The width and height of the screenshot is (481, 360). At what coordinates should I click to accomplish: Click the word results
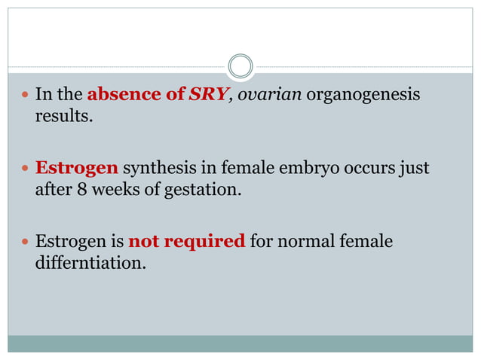click(64, 117)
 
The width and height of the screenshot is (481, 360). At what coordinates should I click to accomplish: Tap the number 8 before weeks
click(81, 189)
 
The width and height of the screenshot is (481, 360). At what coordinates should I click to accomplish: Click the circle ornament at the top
click(240, 66)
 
